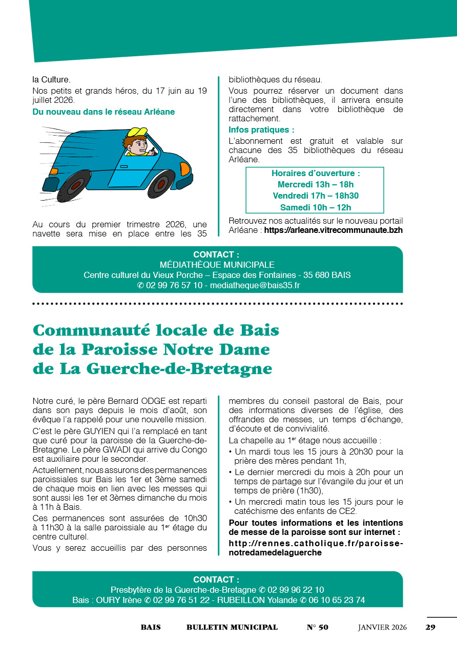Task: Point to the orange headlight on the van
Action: [x=184, y=168]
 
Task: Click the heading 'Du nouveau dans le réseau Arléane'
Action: [x=103, y=112]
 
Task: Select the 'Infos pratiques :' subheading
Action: [x=261, y=130]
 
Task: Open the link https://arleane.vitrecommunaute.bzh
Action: [x=333, y=230]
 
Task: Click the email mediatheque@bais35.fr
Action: [x=255, y=286]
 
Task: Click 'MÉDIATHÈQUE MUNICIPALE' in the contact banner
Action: [x=217, y=265]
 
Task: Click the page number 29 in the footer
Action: [x=430, y=627]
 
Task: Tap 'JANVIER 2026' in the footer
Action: [x=382, y=627]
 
